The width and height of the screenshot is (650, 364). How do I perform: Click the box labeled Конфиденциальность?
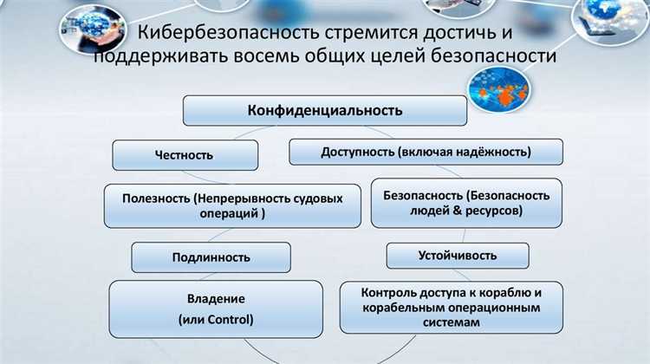pyautogui.click(x=325, y=111)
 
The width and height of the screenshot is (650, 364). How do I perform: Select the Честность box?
pyautogui.click(x=184, y=155)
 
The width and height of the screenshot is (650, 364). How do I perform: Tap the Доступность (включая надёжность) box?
pyautogui.click(x=426, y=153)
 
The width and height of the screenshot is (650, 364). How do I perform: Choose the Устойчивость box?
pyautogui.click(x=458, y=255)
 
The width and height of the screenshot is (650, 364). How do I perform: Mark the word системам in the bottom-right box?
pyautogui.click(x=452, y=322)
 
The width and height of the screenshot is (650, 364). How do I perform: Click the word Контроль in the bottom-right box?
pyautogui.click(x=389, y=292)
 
